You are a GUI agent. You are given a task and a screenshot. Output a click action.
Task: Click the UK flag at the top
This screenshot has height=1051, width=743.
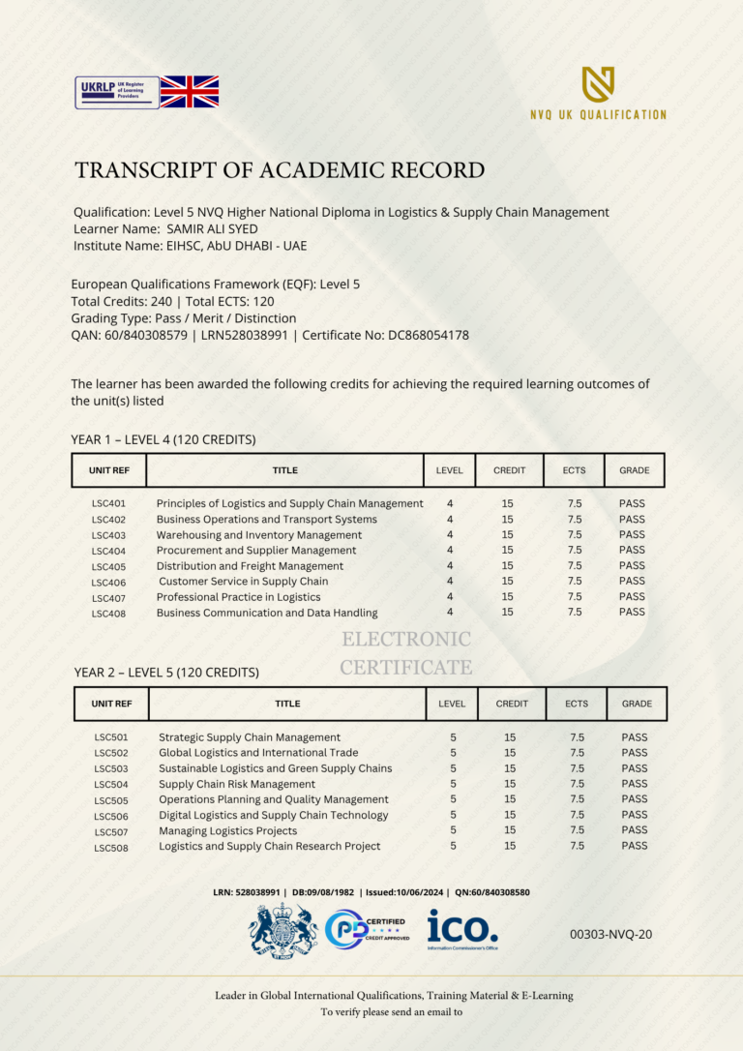point(189,92)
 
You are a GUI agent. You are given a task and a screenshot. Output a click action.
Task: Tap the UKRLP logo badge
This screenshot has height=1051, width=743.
point(117,92)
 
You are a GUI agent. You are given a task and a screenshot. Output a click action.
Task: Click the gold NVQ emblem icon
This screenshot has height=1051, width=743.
point(598,85)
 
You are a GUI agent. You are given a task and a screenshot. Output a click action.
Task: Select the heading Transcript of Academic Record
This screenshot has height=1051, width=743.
point(280,171)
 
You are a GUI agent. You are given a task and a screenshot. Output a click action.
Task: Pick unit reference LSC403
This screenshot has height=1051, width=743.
point(108,535)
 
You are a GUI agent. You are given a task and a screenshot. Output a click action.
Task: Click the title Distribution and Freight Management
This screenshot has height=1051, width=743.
point(250,566)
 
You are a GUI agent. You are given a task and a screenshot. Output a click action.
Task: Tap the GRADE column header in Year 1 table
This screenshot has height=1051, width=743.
point(635,470)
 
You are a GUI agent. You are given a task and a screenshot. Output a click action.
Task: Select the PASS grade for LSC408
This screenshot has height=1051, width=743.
point(632,612)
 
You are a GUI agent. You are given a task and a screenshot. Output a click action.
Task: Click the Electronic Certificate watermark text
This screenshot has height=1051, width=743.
point(406,653)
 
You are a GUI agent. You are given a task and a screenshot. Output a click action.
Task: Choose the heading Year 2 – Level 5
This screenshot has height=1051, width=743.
point(165,672)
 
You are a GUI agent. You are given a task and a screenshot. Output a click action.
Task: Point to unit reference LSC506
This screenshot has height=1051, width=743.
point(111,816)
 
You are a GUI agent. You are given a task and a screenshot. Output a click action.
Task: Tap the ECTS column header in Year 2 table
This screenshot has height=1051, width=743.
point(576,704)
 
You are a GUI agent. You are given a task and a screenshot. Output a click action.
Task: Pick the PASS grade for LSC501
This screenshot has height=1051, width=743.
point(635,737)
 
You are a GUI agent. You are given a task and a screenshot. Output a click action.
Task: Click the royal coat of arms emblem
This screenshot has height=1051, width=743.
point(282,931)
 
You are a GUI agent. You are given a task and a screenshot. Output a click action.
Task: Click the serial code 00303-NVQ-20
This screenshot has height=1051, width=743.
point(611,934)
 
